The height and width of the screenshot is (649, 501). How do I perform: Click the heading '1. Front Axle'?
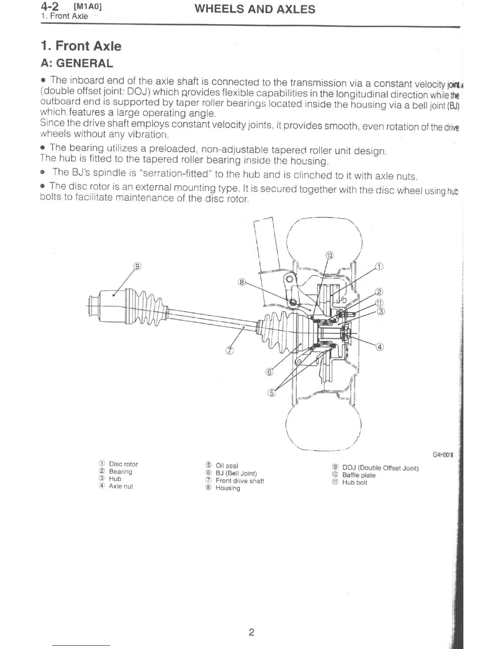[x=81, y=46]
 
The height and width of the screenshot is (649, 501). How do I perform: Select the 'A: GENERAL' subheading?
[x=77, y=64]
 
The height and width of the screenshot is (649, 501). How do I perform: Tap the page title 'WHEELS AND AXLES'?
[x=255, y=9]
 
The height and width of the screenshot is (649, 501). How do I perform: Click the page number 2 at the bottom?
[x=251, y=632]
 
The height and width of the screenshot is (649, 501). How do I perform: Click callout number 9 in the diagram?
[x=138, y=266]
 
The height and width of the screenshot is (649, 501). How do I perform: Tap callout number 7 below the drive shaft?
[x=230, y=350]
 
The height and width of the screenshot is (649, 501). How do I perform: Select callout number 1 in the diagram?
[x=379, y=267]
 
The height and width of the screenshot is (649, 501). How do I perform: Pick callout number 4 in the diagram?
[x=379, y=347]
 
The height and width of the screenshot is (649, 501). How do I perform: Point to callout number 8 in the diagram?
[x=241, y=282]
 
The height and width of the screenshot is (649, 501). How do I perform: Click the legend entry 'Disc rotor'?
[x=123, y=464]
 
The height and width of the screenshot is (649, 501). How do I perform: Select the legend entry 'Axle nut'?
[x=121, y=486]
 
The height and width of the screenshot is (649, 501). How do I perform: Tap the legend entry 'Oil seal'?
[x=227, y=466]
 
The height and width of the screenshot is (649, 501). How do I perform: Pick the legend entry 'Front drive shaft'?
[x=239, y=481]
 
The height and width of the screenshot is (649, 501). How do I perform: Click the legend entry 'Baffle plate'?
[x=359, y=475]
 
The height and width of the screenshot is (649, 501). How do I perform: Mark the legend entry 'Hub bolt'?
[x=354, y=483]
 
